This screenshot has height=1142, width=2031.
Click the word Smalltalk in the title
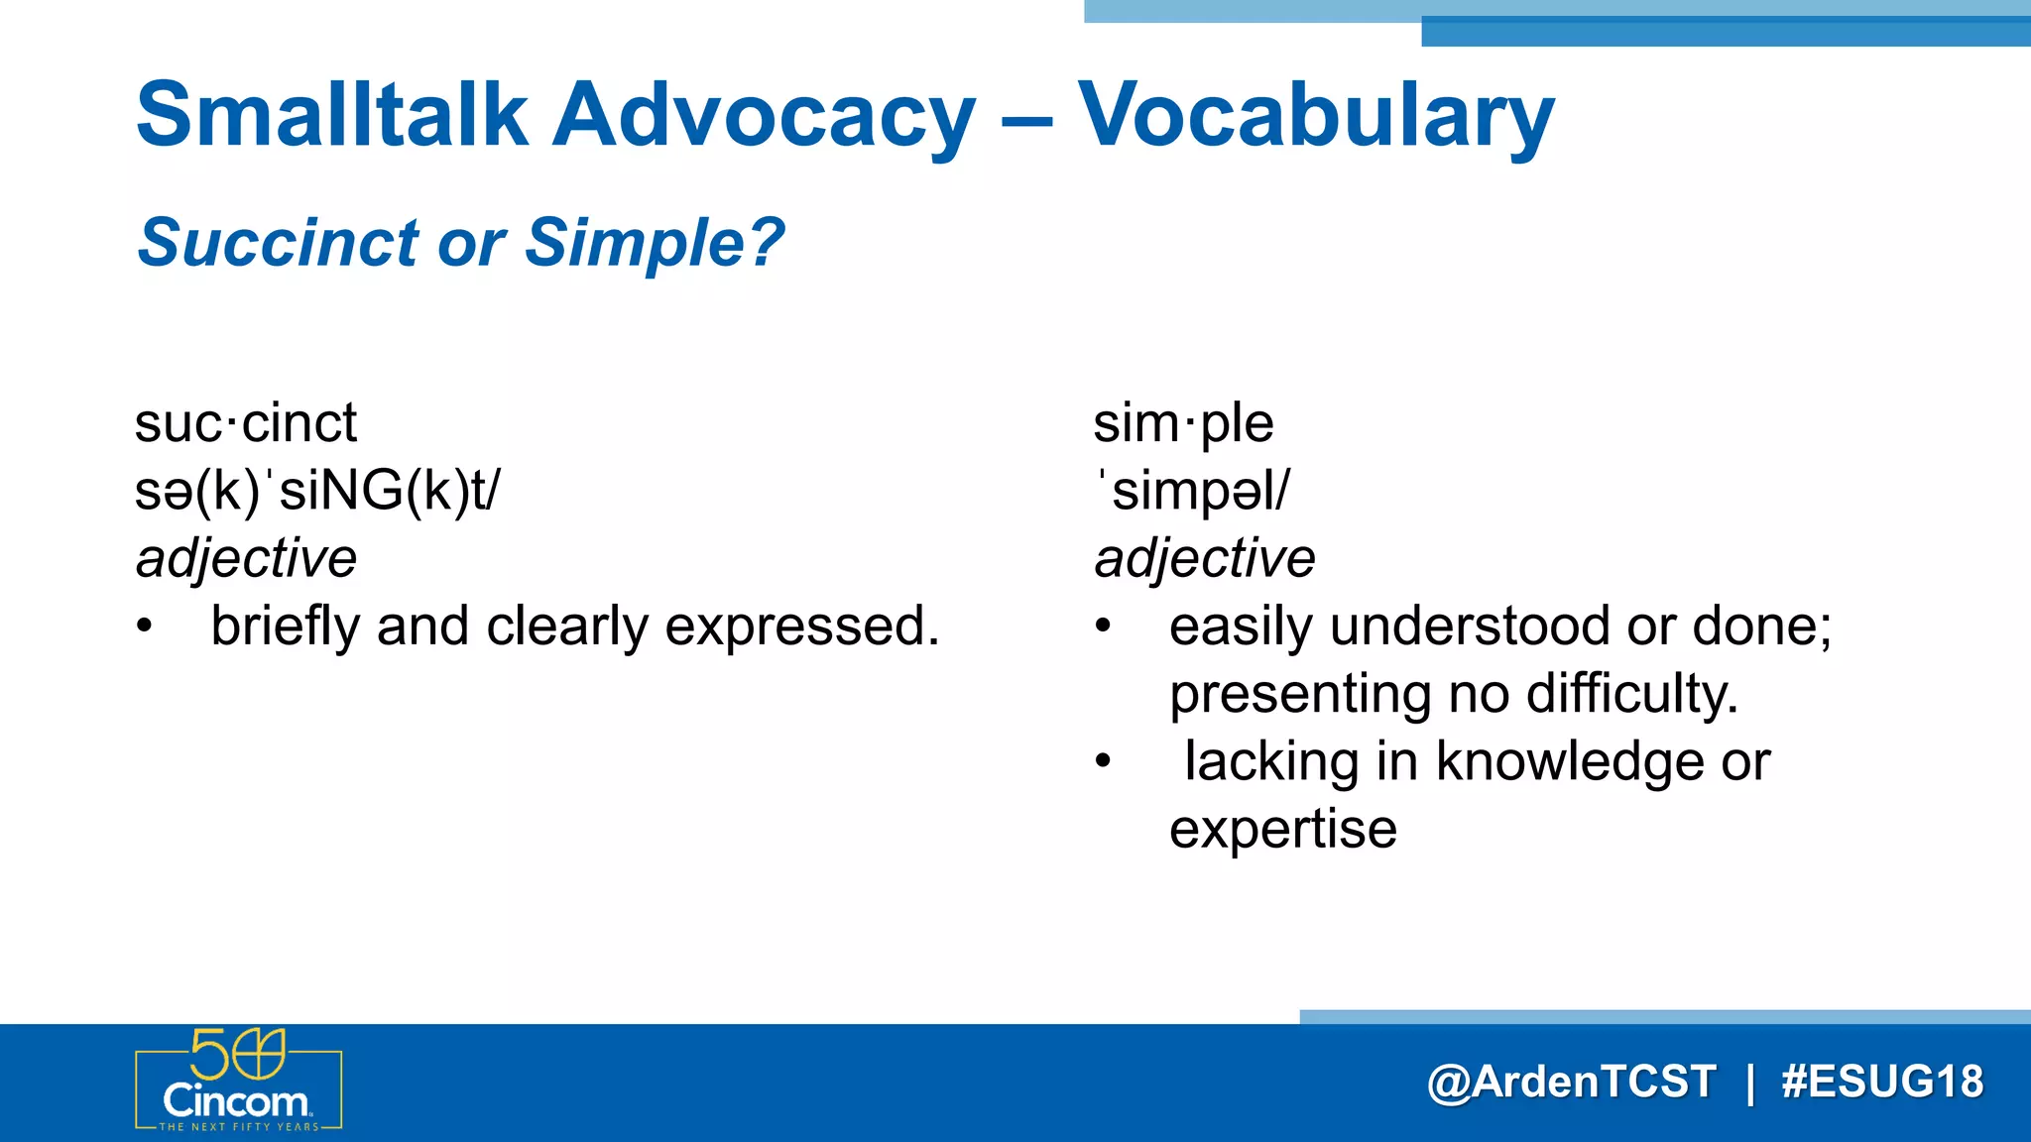click(x=331, y=115)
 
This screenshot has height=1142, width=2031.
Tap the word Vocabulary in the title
click(x=1315, y=117)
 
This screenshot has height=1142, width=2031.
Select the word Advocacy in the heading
click(x=764, y=117)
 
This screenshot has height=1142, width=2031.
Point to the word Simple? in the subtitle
click(x=655, y=243)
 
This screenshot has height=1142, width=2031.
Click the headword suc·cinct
click(x=245, y=423)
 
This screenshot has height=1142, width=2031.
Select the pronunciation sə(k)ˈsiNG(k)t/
click(x=317, y=491)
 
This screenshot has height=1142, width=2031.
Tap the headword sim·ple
click(x=1182, y=423)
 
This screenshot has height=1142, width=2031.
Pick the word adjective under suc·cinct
click(x=246, y=558)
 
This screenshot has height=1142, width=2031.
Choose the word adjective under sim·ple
click(x=1204, y=558)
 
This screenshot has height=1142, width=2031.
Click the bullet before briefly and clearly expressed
click(x=146, y=627)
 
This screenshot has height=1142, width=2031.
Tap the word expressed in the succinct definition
click(x=801, y=627)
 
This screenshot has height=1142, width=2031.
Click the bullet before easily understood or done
click(x=1104, y=627)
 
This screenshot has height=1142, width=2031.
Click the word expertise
click(x=1282, y=829)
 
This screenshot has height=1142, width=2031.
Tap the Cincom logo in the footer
click(x=238, y=1082)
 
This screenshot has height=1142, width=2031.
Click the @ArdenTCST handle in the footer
click(x=1571, y=1082)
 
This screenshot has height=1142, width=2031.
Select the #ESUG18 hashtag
click(x=1881, y=1082)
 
